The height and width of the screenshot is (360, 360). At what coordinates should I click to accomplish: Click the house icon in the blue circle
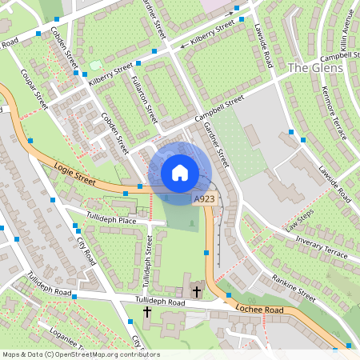(179, 172)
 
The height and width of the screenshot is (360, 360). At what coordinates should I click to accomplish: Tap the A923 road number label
(203, 198)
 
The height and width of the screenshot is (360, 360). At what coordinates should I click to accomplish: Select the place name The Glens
(315, 68)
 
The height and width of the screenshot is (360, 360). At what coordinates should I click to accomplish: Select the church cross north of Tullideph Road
(197, 289)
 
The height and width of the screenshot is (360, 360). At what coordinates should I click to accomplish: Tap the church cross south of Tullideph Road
(147, 310)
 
